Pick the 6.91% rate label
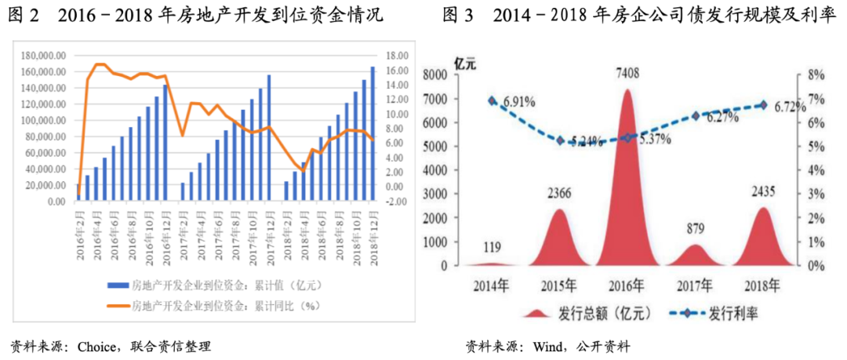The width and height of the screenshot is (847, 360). point(519,102)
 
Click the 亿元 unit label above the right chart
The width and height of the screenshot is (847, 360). point(465,64)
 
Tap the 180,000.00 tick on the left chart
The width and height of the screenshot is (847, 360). point(45,56)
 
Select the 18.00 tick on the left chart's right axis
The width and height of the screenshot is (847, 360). point(398,56)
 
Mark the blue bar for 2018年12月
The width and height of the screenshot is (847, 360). point(373,134)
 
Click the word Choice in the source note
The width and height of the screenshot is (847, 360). point(96,346)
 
